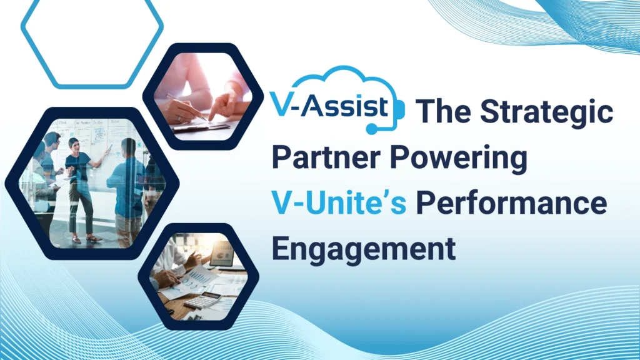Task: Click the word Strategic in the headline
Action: (546, 112)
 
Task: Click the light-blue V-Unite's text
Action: (339, 203)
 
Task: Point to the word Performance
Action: (511, 203)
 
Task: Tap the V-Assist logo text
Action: (329, 106)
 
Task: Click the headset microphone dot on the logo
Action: (371, 129)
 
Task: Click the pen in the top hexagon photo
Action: (186, 107)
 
